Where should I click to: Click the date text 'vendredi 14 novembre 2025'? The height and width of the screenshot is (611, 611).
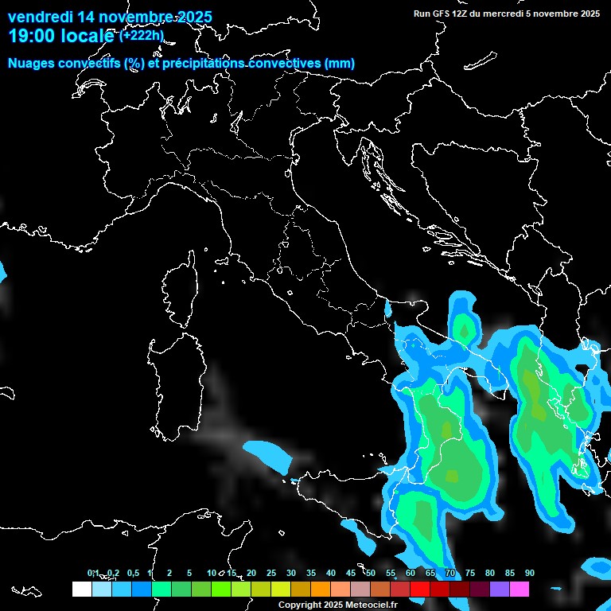[110, 17]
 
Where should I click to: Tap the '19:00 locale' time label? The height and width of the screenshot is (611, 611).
[61, 36]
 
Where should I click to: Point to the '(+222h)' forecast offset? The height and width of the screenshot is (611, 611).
[142, 36]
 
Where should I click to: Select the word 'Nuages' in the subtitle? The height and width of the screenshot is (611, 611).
[33, 63]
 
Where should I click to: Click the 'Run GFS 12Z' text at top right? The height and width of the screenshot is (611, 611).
[442, 13]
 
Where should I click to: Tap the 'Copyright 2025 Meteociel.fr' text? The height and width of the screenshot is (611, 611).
[338, 605]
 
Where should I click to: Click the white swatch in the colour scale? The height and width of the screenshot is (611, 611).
[81, 590]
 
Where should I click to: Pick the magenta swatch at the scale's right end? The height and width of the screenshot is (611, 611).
[520, 590]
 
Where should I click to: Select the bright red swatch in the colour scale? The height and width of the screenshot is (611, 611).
[420, 590]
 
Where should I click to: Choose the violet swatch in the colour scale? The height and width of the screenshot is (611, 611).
[500, 590]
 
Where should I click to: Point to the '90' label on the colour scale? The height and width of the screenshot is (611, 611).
[530, 573]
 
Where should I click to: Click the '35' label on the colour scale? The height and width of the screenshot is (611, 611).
[311, 573]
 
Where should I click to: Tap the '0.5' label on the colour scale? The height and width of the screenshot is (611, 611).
[133, 573]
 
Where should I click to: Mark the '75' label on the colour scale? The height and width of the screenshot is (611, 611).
[470, 573]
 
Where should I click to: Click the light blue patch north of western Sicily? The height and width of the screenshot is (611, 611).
[267, 454]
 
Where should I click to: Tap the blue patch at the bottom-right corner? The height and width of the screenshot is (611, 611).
[598, 567]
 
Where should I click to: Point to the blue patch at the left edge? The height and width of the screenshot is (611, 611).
[2, 270]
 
